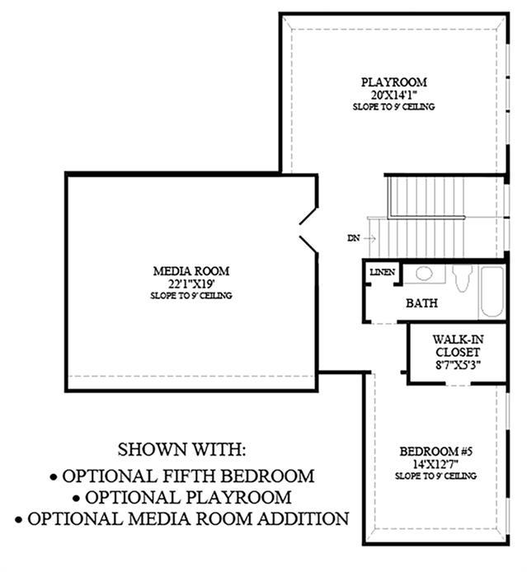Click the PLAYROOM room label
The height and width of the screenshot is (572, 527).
coord(393,82)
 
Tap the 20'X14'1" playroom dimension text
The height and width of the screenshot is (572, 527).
coord(394,95)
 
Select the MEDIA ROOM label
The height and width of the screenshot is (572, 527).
coord(191,271)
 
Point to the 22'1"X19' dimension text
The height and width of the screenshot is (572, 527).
coord(191,284)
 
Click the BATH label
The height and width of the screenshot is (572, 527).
coord(422,302)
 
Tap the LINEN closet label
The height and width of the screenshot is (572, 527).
coord(382,272)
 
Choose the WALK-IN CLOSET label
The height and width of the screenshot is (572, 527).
coord(458,346)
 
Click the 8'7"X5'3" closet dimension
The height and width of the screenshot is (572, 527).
coord(458,364)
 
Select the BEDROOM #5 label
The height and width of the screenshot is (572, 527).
coord(435,451)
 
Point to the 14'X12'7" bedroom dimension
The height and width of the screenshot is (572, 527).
coord(435,464)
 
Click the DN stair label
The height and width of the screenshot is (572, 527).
coord(353,238)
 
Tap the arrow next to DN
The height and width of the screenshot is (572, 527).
coord(369,238)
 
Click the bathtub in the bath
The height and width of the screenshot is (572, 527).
coord(492,293)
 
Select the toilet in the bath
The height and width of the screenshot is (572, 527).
coord(462,278)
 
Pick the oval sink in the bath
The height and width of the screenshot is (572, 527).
coord(424,274)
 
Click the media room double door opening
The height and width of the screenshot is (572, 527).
coord(308,232)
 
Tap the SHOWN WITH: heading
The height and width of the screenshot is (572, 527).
coord(181,449)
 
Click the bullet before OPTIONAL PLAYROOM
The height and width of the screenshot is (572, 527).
coord(76,499)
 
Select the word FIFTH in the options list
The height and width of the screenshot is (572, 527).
coord(189,476)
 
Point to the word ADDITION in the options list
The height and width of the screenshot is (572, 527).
coord(303,518)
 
